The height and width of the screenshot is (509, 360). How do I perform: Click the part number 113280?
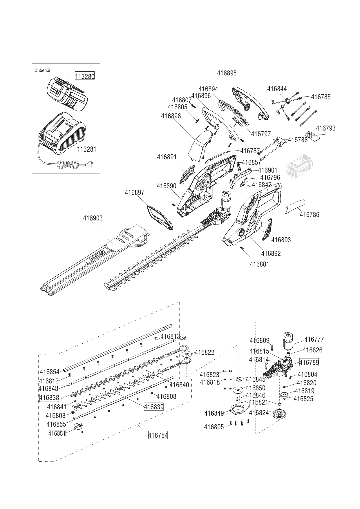[x=85, y=76]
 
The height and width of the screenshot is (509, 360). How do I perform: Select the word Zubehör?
[x=43, y=70]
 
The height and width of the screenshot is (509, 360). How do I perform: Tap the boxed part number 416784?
[x=158, y=435]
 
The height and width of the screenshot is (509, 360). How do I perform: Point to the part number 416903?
[x=93, y=218]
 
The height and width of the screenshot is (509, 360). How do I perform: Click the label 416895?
[x=227, y=73]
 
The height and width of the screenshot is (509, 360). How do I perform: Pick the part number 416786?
[x=309, y=215]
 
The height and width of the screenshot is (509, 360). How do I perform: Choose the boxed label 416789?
[x=309, y=362]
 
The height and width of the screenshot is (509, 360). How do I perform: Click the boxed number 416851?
[x=57, y=433]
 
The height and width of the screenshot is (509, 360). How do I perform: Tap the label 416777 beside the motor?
[x=314, y=339]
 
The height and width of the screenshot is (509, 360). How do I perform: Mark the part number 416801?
[x=259, y=264]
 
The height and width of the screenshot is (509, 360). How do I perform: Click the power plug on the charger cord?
[x=89, y=165]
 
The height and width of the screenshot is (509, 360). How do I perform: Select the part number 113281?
[x=86, y=149]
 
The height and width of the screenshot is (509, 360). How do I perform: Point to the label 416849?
[x=214, y=413]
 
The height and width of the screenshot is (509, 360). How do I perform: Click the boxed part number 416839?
[x=154, y=407]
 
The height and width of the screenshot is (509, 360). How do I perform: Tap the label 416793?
[x=325, y=128]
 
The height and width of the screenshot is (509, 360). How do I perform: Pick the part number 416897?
[x=135, y=193]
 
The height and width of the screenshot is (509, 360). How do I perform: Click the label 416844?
[x=277, y=89]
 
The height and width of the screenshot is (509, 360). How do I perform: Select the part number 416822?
[x=204, y=352]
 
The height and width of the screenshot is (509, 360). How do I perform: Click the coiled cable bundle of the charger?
[x=67, y=165]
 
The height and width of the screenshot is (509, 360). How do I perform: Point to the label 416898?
[x=171, y=116]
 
